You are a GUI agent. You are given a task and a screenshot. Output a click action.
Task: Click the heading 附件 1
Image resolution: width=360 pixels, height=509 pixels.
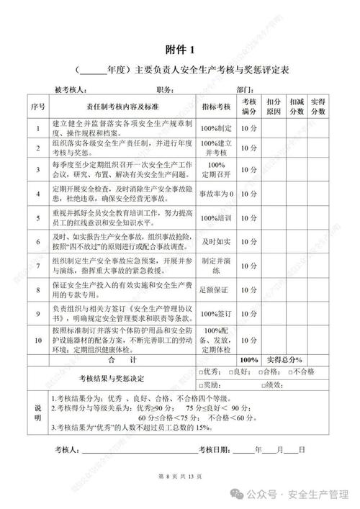pyautogui.click(x=180, y=49)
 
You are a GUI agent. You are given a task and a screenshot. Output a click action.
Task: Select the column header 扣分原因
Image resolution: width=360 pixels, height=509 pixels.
pyautogui.click(x=273, y=107)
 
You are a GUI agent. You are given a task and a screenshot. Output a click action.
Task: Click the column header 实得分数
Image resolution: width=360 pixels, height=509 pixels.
pyautogui.click(x=320, y=107)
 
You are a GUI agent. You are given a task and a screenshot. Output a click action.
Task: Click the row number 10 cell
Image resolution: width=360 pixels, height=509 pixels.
pyautogui.click(x=38, y=336)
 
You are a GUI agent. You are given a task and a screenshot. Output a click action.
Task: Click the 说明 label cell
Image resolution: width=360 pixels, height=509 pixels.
pyautogui.click(x=38, y=412)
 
